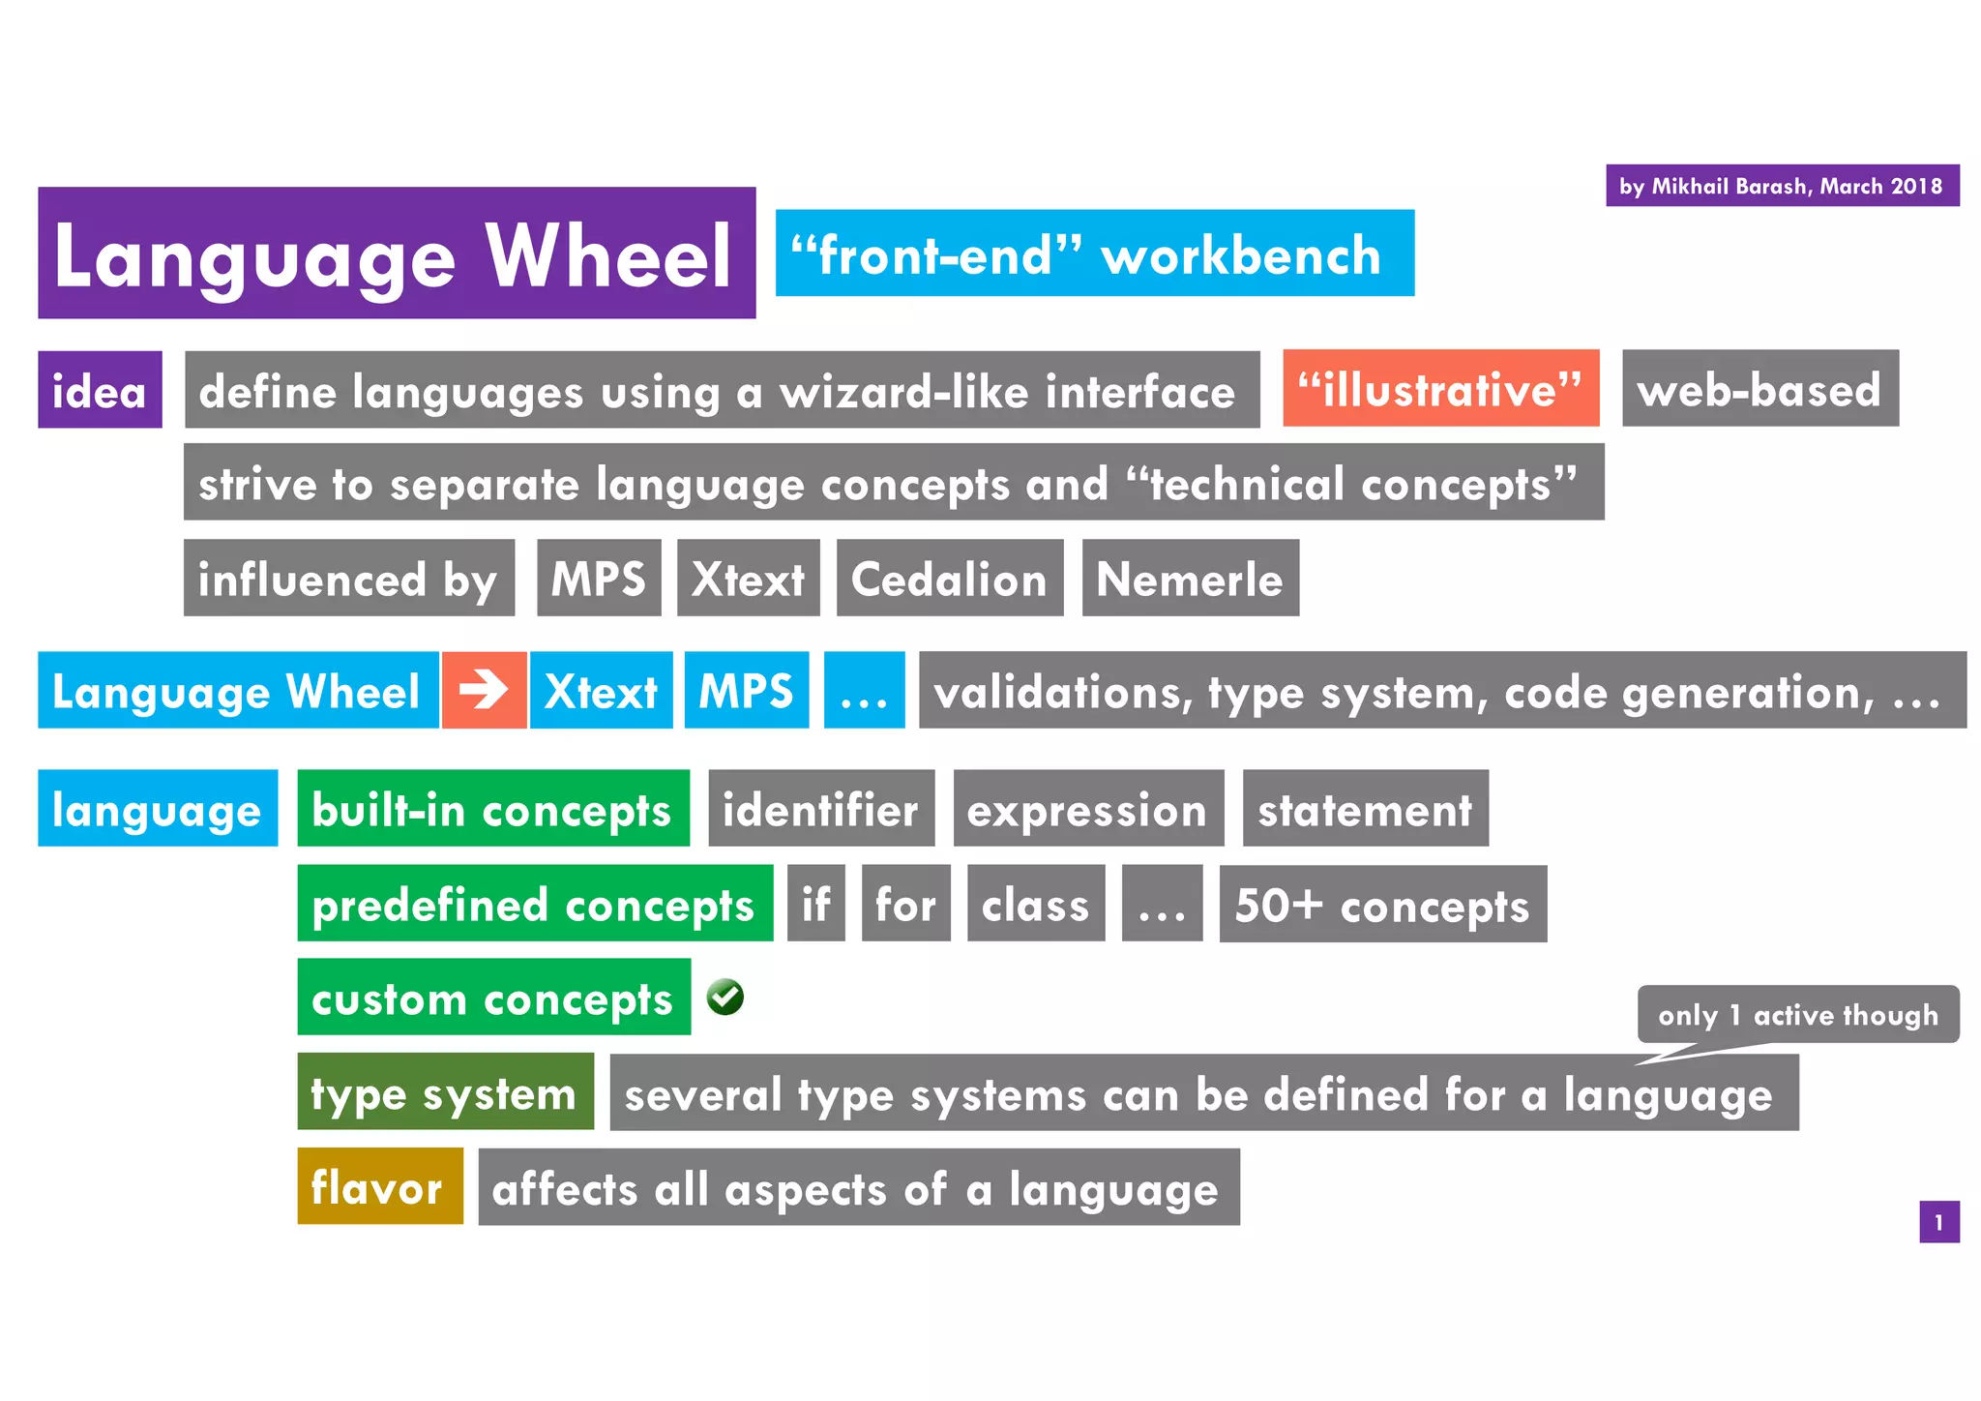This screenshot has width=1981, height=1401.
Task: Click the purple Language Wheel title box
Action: (x=397, y=253)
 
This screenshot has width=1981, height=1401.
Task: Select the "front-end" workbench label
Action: (x=1094, y=253)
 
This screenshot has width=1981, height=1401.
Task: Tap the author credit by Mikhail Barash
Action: (x=1782, y=186)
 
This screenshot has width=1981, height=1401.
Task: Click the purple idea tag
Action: (x=100, y=390)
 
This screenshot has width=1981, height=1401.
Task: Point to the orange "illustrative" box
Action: (x=1440, y=389)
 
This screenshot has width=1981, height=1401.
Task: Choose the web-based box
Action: (x=1759, y=389)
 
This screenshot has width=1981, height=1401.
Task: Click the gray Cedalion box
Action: (x=949, y=579)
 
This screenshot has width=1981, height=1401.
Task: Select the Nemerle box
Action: (x=1190, y=579)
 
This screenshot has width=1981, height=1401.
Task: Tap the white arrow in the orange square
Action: (x=484, y=690)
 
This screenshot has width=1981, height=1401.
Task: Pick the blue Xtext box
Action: (x=601, y=691)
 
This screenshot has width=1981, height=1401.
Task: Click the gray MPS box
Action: (x=599, y=579)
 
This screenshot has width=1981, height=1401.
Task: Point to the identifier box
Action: (x=820, y=809)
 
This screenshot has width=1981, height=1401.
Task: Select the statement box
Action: (x=1365, y=809)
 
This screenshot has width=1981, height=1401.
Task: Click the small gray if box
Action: (x=815, y=904)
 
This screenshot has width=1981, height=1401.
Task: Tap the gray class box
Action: (x=1035, y=904)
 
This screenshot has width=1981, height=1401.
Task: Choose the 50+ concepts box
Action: (x=1382, y=904)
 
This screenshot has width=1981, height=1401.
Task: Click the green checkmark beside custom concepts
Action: (x=724, y=997)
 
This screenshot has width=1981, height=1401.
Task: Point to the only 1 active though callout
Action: (x=1797, y=1014)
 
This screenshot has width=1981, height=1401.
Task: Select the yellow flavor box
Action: (x=379, y=1186)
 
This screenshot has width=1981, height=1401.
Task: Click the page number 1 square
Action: (x=1938, y=1222)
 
